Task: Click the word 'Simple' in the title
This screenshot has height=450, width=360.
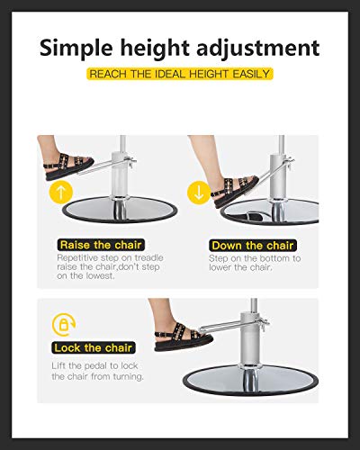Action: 81,47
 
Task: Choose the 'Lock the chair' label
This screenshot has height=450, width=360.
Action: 94,347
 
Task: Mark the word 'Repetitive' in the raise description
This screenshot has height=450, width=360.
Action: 79,258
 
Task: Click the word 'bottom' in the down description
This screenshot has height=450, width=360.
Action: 270,258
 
